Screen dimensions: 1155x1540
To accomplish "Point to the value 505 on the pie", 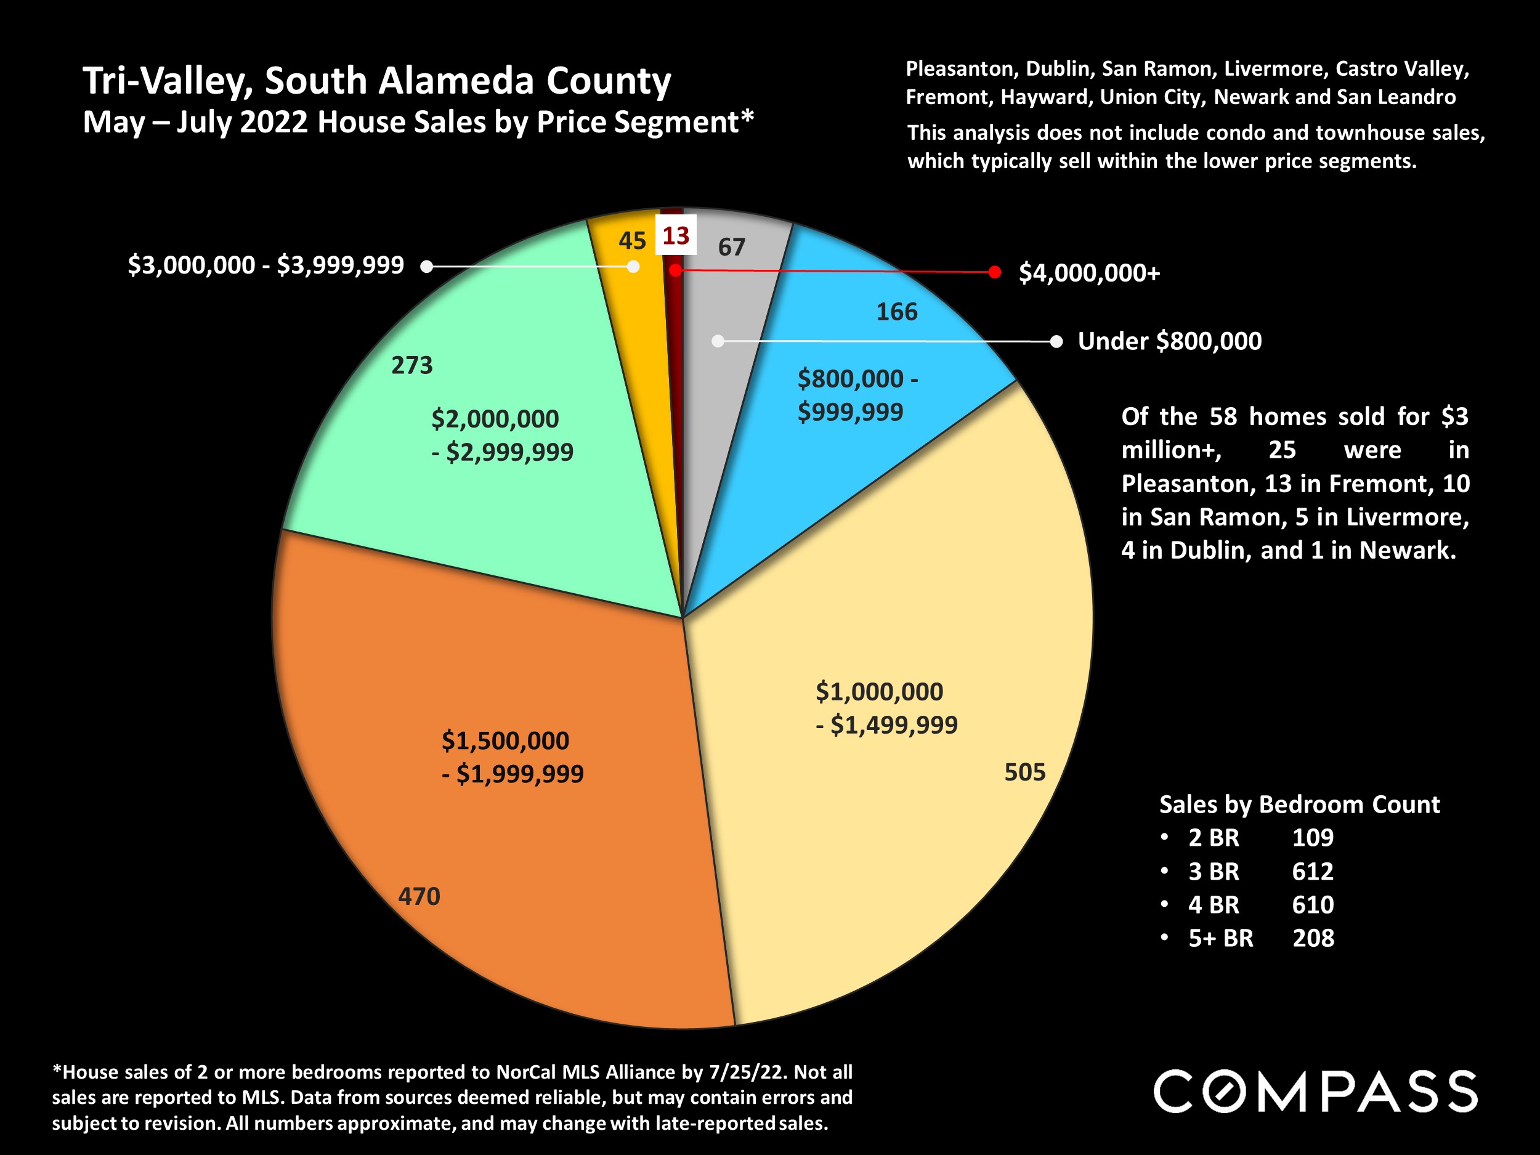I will (1025, 772).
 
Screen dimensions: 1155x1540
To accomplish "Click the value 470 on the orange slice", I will (419, 896).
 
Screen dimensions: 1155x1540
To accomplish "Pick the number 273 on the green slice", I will (412, 365).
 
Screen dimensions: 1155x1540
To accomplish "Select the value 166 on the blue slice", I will (897, 312).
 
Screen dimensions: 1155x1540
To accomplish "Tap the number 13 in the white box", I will (675, 236).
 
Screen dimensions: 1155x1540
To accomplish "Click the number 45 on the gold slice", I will (632, 241).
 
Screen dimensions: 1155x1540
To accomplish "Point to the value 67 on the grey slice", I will (732, 247).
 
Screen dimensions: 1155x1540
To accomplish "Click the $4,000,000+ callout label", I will (1090, 273).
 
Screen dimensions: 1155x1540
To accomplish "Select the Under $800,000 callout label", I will (1170, 341).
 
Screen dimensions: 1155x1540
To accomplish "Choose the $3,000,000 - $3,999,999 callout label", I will (266, 265).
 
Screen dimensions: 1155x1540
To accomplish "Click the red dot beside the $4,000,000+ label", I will (995, 272).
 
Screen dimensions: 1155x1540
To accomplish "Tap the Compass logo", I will (1315, 1092).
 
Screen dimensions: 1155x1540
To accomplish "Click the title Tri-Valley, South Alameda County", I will (376, 81).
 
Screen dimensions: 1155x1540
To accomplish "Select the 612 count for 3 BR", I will (1312, 871).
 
